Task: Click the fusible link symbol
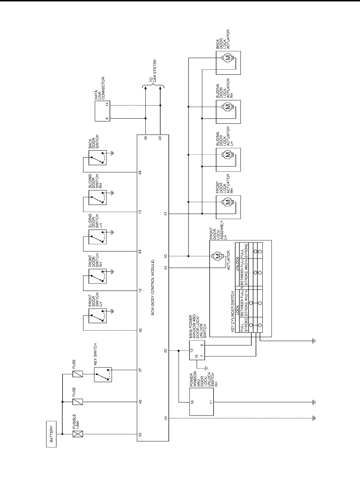pos(77,434)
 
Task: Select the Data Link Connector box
pos(102,111)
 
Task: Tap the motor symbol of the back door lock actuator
pos(228,58)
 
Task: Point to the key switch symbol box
pos(103,374)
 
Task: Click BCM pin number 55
pos(140,434)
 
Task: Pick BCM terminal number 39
pos(146,138)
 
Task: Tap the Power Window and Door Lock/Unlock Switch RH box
pos(202,402)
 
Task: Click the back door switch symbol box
pos(99,157)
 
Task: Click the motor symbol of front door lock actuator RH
pos(228,202)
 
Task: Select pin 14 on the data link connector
pos(106,105)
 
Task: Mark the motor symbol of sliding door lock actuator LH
pos(228,154)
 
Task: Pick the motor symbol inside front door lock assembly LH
pos(218,256)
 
